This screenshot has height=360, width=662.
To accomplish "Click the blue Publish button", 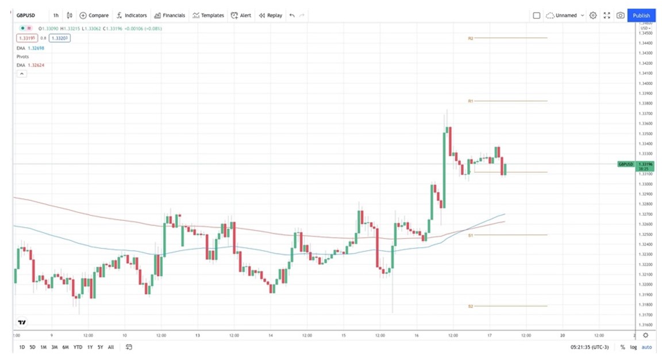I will point(641,16).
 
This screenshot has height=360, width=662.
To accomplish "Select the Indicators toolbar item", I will point(132,16).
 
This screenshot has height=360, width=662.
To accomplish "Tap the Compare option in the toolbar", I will point(94,16).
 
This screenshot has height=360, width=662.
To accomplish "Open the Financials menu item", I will point(170,16).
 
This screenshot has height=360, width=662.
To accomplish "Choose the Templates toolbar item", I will point(208,16).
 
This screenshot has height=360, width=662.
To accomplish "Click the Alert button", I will point(241,16).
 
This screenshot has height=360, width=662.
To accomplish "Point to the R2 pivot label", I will point(470,38).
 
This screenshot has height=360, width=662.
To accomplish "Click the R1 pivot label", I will point(470,101).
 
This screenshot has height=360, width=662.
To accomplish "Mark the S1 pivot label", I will point(470,235).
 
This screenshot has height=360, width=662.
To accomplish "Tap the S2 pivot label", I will point(470,306).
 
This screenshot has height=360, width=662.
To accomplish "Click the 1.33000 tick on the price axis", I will point(646,184).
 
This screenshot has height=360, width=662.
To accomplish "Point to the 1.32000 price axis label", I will point(646,284).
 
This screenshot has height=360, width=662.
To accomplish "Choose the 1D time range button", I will point(22,347).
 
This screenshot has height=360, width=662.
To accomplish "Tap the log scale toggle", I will point(633,347).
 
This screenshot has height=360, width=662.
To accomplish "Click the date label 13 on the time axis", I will point(197,335).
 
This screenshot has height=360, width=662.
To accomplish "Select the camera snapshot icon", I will point(621,16).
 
